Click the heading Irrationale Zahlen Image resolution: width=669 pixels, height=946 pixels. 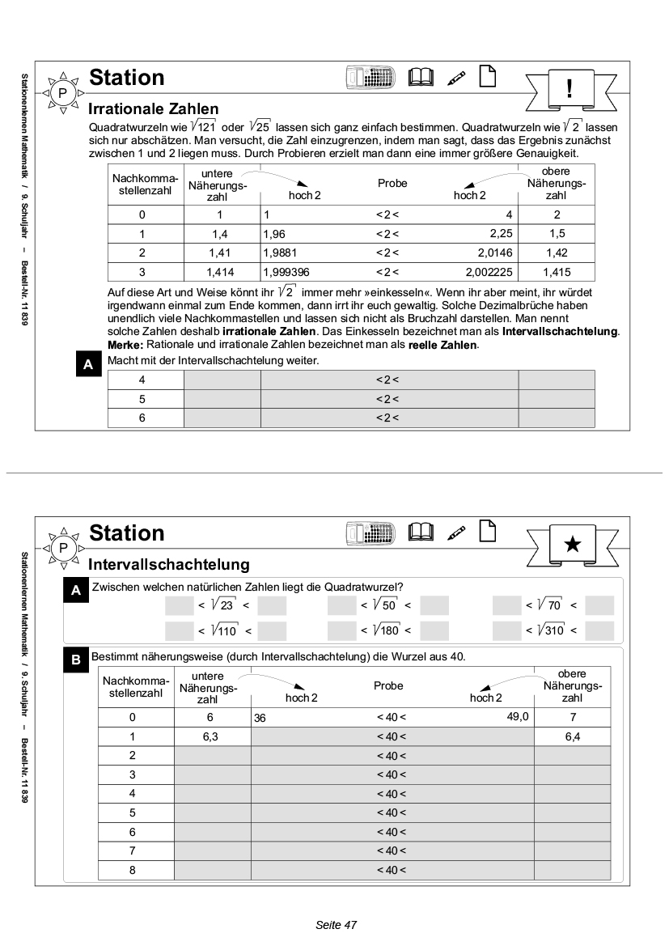click(153, 108)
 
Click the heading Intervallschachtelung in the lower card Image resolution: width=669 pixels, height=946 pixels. click(168, 563)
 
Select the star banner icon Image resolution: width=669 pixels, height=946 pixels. click(572, 544)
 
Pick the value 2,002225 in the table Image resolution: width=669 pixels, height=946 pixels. click(490, 273)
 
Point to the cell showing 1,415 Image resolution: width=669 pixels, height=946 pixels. click(557, 273)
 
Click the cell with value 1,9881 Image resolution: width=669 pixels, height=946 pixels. click(280, 253)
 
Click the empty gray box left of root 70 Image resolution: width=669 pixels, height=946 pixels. click(507, 605)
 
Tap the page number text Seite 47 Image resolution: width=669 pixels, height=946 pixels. click(336, 924)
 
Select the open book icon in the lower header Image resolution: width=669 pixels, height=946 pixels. click(421, 532)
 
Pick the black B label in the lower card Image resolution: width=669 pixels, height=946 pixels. click(75, 661)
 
